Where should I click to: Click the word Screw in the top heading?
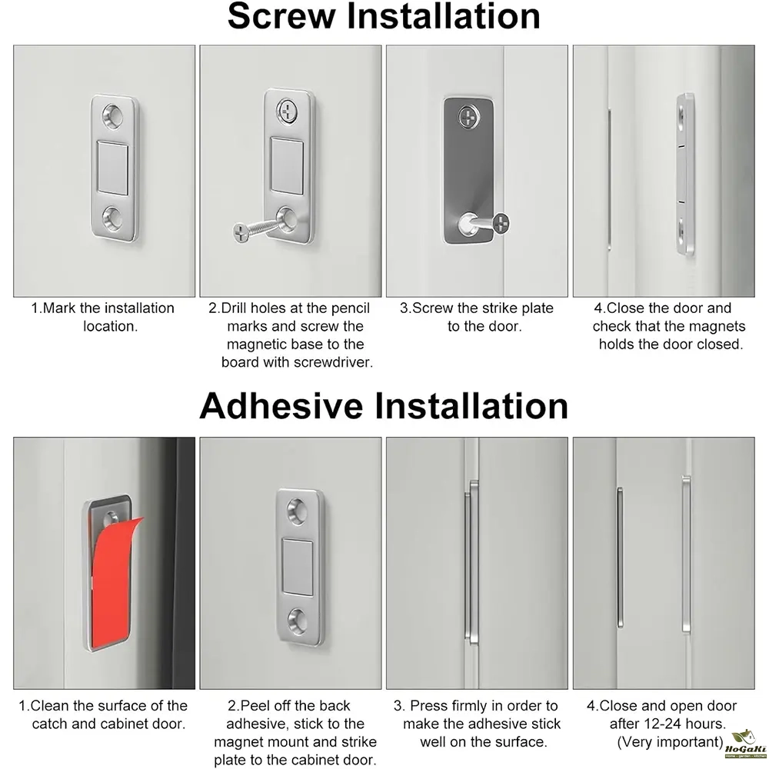281,17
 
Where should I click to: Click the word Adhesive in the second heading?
281,406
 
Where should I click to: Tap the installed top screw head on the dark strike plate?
469,118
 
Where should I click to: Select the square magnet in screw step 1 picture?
113,167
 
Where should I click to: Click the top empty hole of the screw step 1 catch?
113,116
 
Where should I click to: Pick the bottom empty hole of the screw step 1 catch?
113,218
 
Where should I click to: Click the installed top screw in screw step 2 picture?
287,112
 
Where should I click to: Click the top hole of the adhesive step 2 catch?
297,511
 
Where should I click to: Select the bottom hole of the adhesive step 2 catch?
297,620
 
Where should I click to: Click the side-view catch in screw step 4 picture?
685,174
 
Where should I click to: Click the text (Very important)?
671,742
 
